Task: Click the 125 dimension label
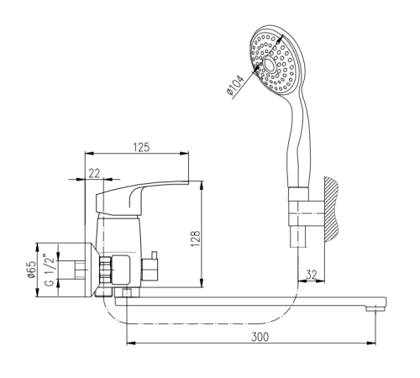[x=141, y=147]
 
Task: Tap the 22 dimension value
[x=94, y=174]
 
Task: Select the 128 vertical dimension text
[x=196, y=239]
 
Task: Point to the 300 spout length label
[x=260, y=337]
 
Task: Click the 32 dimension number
[x=311, y=275]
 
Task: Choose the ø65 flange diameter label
[x=31, y=270]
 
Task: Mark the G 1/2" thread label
[x=50, y=270]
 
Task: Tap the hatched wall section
[x=331, y=209]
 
